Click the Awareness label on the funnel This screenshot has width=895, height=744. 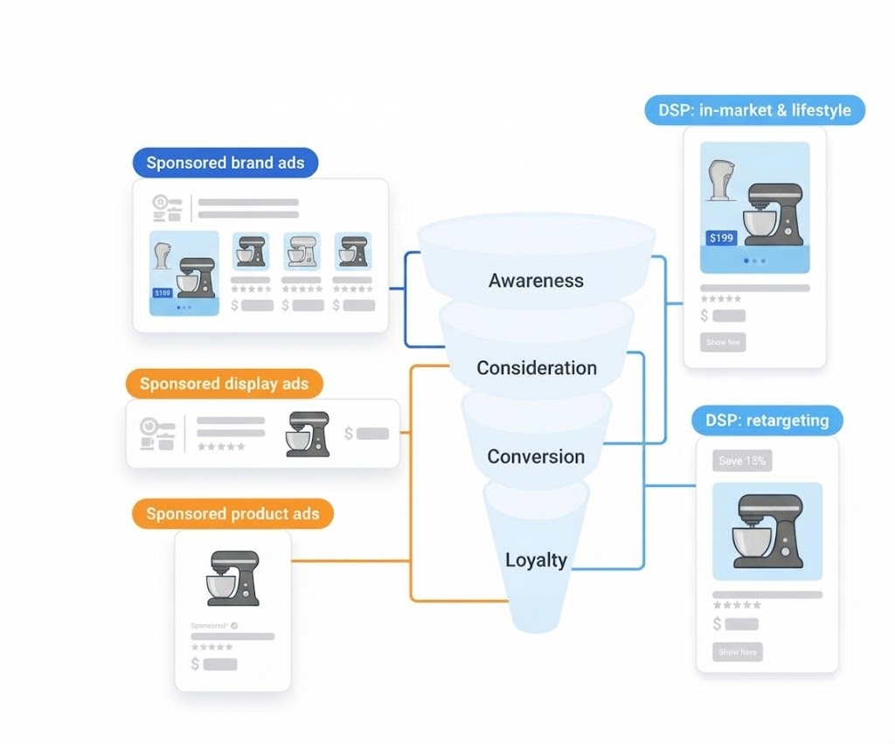(x=536, y=281)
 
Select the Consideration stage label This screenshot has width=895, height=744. (x=537, y=368)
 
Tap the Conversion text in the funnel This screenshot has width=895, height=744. (x=536, y=456)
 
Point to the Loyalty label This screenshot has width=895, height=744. (x=536, y=560)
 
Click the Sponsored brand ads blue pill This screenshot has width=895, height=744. (x=225, y=163)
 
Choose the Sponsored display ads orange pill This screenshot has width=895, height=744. (x=224, y=384)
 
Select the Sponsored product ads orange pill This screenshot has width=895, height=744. (x=232, y=514)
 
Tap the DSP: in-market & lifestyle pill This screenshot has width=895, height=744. (x=755, y=111)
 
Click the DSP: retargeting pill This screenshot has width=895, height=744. (x=767, y=421)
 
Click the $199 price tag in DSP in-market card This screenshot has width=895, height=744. (x=722, y=238)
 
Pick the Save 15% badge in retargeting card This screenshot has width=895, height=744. (x=742, y=461)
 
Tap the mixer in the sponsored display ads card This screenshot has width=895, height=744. (x=308, y=434)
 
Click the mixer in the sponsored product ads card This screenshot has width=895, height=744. (x=232, y=578)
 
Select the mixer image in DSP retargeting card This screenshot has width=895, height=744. (x=767, y=530)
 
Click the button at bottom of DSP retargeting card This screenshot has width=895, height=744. (x=738, y=652)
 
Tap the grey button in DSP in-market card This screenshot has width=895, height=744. (x=723, y=343)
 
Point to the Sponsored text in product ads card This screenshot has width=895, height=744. (x=209, y=626)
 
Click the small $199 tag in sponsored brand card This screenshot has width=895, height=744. (x=163, y=293)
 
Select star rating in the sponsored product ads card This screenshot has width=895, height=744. (x=212, y=647)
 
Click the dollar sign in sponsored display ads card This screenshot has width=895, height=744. (x=349, y=433)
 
